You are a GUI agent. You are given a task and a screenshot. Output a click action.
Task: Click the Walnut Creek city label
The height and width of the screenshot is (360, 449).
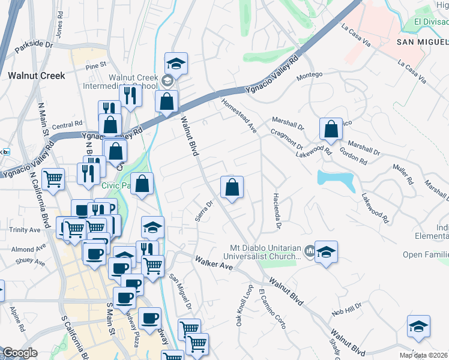point(36,76)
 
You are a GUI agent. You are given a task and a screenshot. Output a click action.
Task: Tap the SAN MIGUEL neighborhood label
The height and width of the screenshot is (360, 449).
point(423,41)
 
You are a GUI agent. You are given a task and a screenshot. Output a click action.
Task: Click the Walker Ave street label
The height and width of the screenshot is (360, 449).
point(212,262)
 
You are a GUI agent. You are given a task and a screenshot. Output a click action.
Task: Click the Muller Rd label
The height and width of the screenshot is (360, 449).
point(402,173)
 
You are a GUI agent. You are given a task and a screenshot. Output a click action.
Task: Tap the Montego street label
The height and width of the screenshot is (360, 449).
point(310,74)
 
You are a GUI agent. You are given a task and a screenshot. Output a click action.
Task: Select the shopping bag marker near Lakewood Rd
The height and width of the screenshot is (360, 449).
point(331,128)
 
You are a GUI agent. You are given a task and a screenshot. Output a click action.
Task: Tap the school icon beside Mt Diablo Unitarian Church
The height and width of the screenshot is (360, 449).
point(326,251)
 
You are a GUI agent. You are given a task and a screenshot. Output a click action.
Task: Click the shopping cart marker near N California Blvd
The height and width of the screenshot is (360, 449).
point(53,178)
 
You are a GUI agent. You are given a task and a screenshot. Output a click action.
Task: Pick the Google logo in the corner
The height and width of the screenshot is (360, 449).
point(20,353)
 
